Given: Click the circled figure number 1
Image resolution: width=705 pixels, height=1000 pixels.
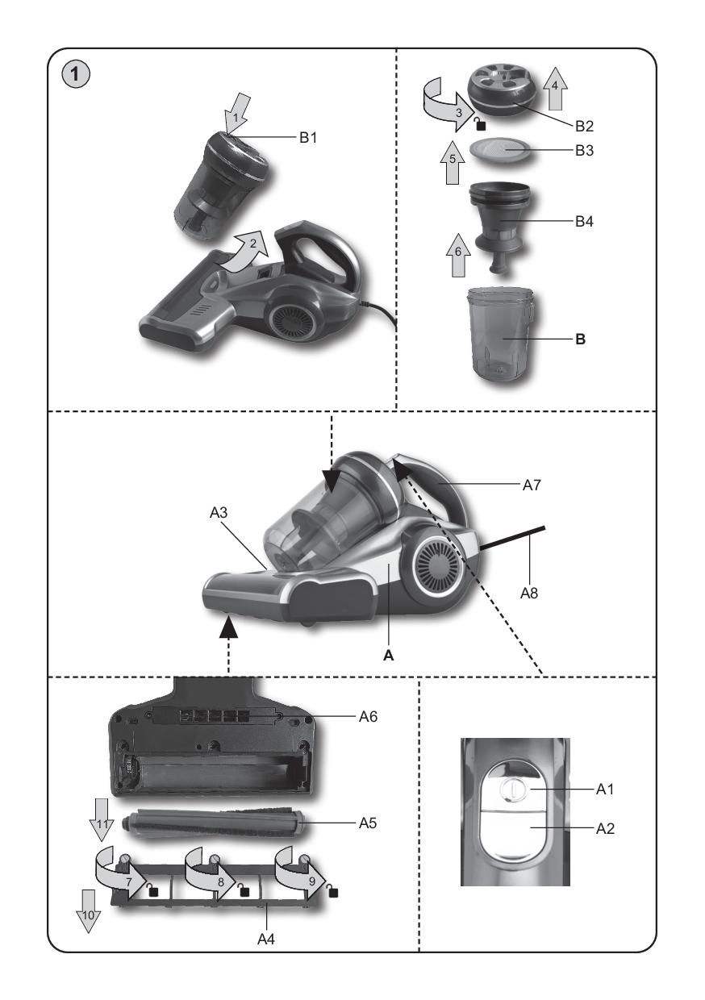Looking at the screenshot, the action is tap(76, 74).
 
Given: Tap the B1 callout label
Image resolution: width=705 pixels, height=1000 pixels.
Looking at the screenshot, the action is tap(308, 137).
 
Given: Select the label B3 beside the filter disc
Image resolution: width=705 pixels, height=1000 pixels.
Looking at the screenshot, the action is tap(585, 151).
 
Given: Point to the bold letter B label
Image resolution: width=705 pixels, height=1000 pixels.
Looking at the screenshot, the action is tap(581, 339).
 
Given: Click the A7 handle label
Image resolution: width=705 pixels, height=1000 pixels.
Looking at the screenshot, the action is tap(532, 485).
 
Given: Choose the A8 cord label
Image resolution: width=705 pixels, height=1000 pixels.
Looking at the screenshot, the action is tap(529, 593).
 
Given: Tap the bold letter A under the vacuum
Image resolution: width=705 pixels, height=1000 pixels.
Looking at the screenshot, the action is tap(389, 655).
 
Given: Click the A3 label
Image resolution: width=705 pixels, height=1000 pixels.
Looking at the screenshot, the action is tap(219, 513).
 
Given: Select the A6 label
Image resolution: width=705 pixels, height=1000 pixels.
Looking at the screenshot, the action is tap(369, 716).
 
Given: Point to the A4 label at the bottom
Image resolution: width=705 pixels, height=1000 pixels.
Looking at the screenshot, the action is tap(266, 940).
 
